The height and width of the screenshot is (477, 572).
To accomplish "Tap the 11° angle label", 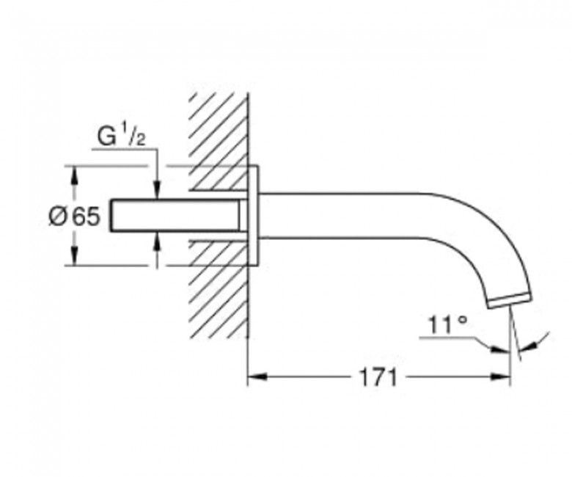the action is (447, 324).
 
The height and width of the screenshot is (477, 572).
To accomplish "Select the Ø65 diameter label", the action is (74, 216).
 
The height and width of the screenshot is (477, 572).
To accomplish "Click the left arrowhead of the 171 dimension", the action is (257, 377).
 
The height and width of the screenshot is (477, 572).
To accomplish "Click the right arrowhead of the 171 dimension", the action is (500, 377).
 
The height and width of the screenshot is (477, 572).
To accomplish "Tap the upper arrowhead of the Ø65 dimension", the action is (74, 176).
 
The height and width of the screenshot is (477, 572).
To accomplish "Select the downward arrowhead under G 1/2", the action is (157, 191).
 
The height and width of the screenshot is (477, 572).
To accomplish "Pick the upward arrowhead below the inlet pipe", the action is (157, 241).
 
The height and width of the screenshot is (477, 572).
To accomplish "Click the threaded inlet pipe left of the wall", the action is (175, 216).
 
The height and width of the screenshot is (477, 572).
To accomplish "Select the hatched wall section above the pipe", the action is (218, 142).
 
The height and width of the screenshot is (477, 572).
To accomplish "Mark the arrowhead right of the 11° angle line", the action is (527, 346).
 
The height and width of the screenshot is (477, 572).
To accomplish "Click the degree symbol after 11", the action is (462, 319).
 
